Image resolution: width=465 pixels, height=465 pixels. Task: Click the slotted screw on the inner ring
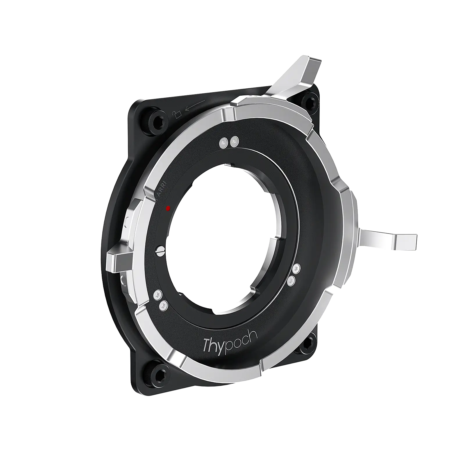pos(161,250)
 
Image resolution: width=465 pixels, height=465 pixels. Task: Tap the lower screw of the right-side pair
pos(292,280)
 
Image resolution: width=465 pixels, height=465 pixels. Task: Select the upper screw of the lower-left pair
pos(158,295)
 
